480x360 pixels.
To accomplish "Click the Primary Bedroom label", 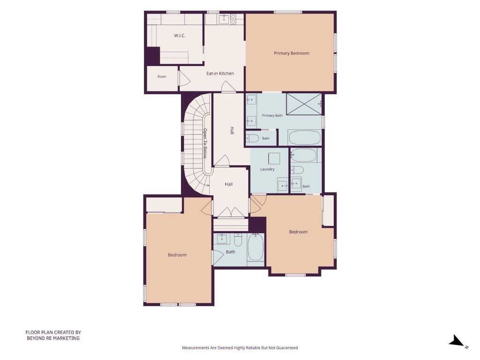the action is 292,53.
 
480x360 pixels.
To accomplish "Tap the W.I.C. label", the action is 180,36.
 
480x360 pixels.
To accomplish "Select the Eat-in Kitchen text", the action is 220,74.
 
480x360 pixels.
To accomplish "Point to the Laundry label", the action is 267,169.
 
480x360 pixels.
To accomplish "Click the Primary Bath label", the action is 272,115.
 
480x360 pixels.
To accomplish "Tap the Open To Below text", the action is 205,143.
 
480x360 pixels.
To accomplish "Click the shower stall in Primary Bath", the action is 304,104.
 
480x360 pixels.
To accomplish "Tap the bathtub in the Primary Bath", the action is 305,137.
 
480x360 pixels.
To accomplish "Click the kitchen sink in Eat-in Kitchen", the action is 225,19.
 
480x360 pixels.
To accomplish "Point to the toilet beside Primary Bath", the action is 253,138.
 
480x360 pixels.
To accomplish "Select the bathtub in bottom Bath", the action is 255,247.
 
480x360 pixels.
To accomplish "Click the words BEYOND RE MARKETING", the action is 53,338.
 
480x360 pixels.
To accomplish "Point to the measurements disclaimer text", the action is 240,348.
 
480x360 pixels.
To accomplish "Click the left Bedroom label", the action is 177,255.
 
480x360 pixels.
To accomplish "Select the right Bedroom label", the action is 299,232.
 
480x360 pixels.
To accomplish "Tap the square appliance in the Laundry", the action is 274,158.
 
